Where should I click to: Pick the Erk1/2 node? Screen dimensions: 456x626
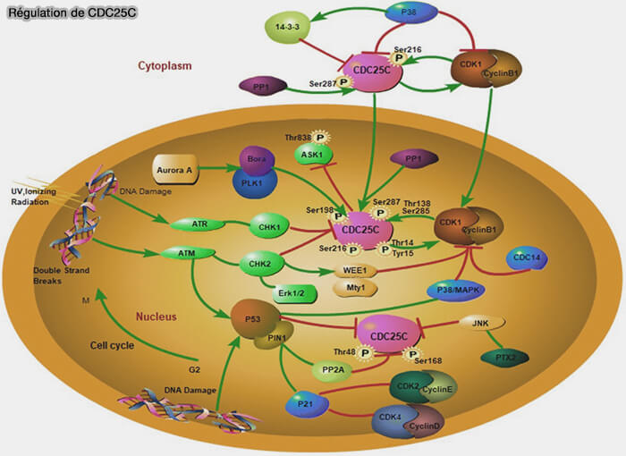[287, 294]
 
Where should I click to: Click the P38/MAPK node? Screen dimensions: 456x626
[457, 291]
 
